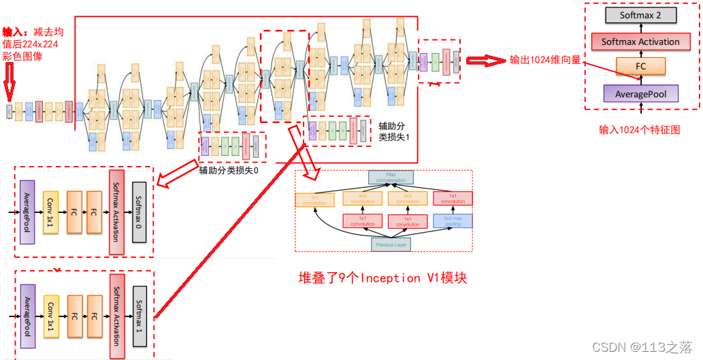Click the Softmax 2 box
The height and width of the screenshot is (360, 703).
[640, 15]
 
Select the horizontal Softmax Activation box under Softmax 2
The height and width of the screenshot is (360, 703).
[640, 42]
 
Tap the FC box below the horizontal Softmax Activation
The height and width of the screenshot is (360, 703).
[640, 67]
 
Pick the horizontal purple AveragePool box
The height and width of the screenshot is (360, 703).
[640, 93]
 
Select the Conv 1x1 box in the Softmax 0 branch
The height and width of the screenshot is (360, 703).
[51, 212]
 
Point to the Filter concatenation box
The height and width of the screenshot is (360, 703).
[391, 178]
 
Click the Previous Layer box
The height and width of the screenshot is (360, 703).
[391, 244]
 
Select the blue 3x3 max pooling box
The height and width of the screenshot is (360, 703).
[453, 221]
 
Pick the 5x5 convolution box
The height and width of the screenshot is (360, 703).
[408, 199]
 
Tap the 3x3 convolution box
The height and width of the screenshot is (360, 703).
[361, 199]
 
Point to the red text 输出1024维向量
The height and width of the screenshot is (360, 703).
[545, 60]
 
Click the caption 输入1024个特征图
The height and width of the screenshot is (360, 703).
[640, 129]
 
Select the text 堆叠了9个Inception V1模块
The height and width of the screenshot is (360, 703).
[383, 278]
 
